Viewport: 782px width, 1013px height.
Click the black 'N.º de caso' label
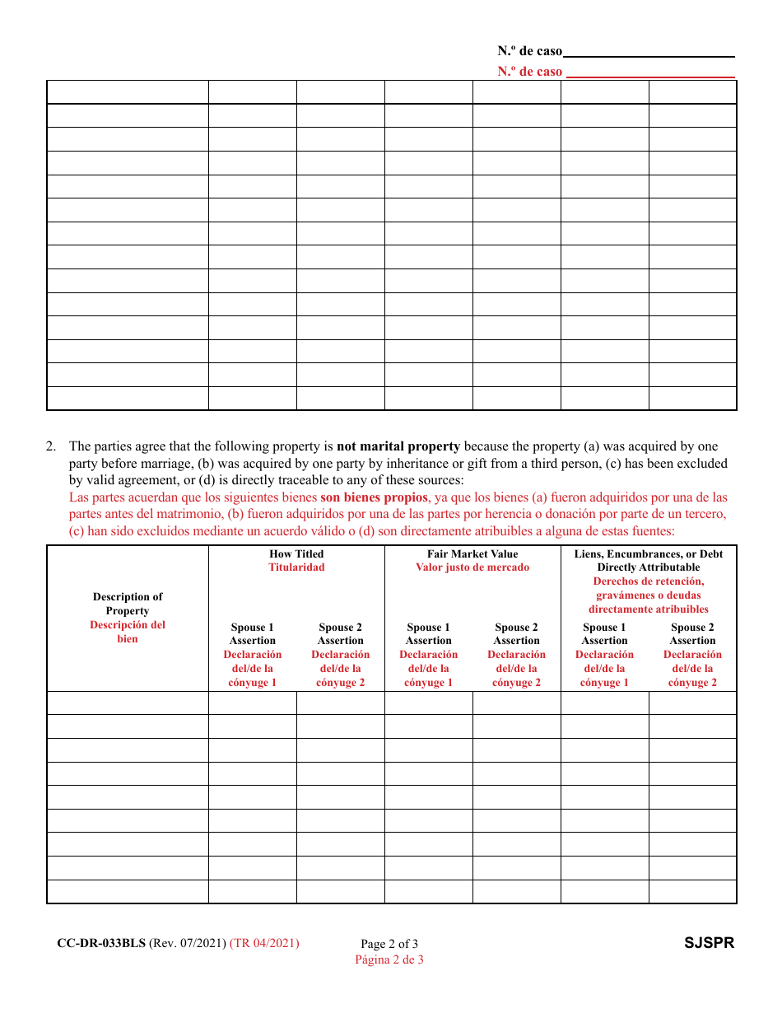[x=529, y=51]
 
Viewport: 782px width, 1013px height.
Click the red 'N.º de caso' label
[x=529, y=72]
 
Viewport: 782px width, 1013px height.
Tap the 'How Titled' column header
[x=296, y=554]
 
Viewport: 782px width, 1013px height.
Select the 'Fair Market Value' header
[x=472, y=554]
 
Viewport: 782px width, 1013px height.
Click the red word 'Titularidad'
[x=296, y=567]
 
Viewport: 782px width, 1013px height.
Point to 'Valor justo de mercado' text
[x=472, y=567]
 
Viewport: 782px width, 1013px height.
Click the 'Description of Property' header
[x=128, y=604]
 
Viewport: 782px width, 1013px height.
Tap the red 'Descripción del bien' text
[x=128, y=632]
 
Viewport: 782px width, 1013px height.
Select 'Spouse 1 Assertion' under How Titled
[x=253, y=634]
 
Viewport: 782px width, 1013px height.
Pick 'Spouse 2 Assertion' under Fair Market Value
[x=516, y=634]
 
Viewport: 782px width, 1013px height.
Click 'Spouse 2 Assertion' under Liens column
[x=692, y=634]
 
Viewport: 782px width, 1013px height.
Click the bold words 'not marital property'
[x=398, y=447]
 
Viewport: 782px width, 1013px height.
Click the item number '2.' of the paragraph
[x=51, y=447]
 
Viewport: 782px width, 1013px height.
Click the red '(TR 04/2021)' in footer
[x=264, y=944]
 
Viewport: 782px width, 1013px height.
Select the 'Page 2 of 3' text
[x=389, y=945]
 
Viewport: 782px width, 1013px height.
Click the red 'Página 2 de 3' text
[x=389, y=959]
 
